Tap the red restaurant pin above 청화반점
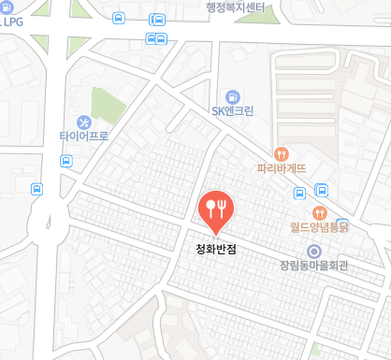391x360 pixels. pos(216,207)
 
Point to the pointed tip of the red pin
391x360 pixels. pos(216,233)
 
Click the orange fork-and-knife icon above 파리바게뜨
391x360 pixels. pos(282,153)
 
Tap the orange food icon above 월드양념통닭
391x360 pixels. pos(319,212)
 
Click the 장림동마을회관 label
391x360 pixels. pos(313,266)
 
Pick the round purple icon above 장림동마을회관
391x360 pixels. pos(314,251)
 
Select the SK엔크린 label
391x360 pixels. pos(233,111)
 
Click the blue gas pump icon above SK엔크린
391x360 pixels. pos(232,95)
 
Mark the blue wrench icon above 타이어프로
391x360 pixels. pos(83,121)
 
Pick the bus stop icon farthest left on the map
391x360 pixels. pos(36,188)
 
